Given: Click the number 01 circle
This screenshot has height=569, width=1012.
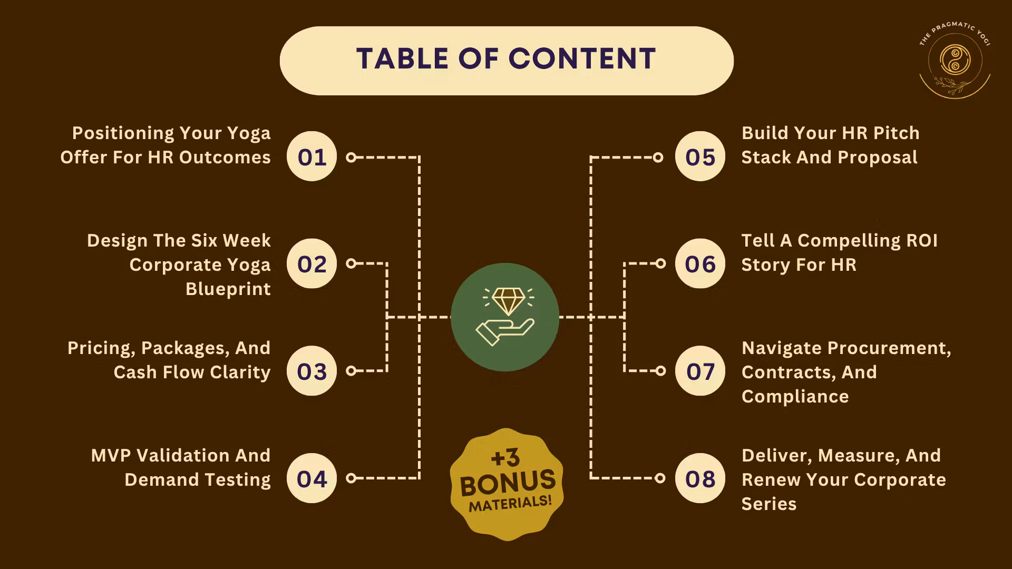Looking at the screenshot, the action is [x=312, y=156].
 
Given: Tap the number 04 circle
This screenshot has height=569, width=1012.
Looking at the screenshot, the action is [x=312, y=478].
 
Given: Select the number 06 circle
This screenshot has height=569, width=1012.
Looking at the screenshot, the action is [x=700, y=263].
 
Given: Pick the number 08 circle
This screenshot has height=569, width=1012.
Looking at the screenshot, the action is [x=700, y=478].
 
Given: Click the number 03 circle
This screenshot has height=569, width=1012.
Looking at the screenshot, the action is [x=312, y=371].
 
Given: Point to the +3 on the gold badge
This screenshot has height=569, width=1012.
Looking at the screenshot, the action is [x=505, y=457].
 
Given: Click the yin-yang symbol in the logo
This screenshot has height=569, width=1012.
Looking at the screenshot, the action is [x=955, y=60].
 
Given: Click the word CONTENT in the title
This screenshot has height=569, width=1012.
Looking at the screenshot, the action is [x=582, y=58].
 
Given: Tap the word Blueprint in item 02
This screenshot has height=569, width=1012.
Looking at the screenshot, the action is [x=228, y=289].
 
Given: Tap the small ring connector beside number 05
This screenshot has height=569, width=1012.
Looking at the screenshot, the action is [x=658, y=157].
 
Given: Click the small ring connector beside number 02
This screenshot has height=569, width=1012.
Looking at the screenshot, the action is [x=351, y=263].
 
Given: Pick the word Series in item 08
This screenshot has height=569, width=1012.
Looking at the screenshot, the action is [x=769, y=504].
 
